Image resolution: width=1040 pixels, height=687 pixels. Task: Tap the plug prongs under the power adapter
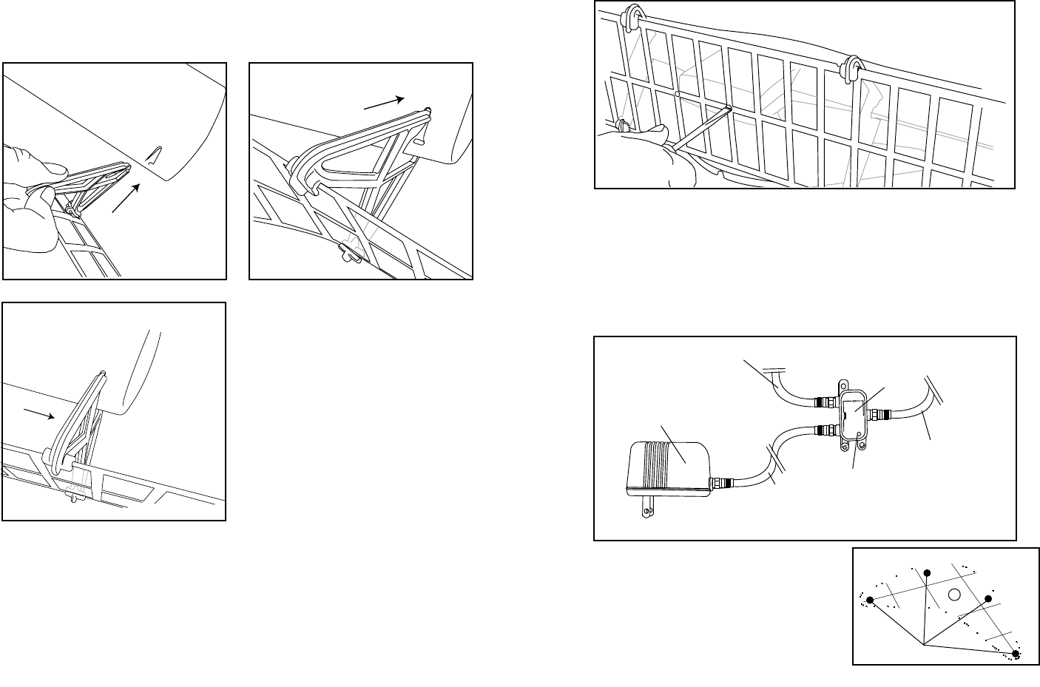[x=651, y=505]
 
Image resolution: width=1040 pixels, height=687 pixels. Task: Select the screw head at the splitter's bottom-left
[x=843, y=447]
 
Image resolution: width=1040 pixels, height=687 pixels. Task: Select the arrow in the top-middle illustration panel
[x=385, y=103]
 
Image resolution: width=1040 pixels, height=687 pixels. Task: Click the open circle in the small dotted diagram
[x=954, y=594]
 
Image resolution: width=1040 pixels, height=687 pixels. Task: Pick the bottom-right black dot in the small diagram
[x=1016, y=654]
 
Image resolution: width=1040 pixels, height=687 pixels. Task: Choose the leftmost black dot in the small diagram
[x=870, y=600]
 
